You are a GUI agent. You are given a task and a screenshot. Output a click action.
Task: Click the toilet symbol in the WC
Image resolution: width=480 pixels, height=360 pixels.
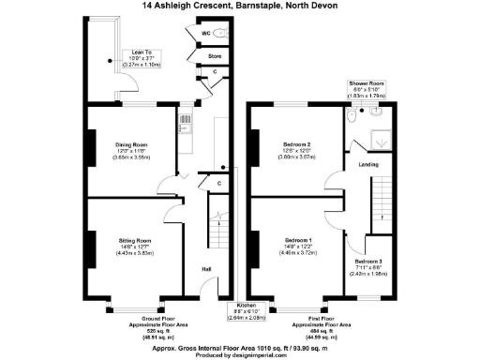pos(221,33)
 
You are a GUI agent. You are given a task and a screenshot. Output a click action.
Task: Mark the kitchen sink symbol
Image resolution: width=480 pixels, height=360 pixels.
pos(185,120)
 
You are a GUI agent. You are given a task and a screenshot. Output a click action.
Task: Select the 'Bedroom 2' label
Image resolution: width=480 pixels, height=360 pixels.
pos(297,144)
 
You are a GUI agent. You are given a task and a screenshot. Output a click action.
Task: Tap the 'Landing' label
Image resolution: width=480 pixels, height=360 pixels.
pos(367,167)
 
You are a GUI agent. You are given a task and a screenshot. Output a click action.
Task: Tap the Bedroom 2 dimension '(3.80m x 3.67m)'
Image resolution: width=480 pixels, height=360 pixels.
pos(297,158)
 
